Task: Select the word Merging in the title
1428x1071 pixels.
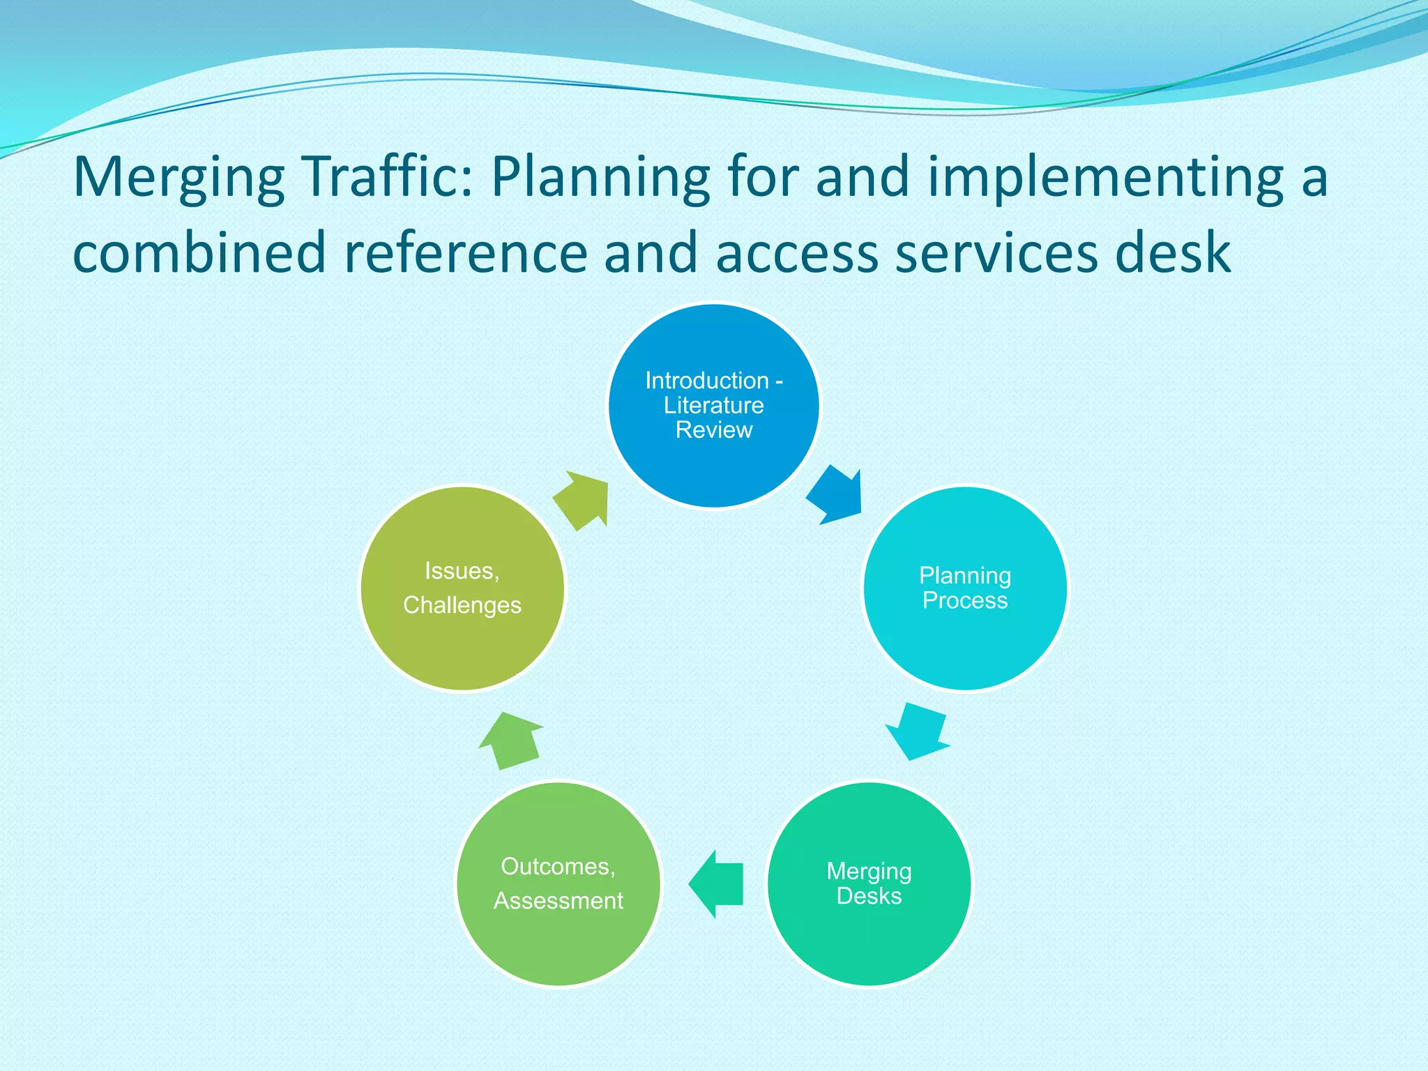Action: point(178,178)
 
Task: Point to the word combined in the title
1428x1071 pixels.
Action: point(199,252)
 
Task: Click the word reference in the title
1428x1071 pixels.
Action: point(466,252)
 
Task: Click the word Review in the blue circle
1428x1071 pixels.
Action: point(714,430)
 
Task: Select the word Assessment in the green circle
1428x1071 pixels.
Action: point(558,901)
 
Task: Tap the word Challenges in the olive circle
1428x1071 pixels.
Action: point(462,605)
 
